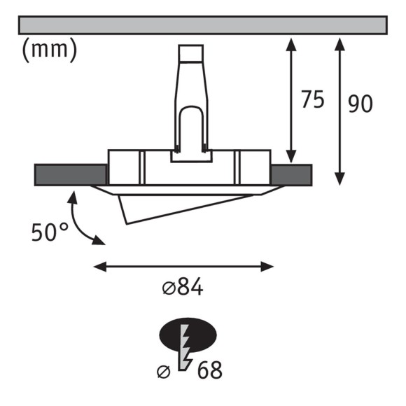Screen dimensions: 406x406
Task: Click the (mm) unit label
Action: (49, 51)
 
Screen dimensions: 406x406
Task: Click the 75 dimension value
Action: (312, 100)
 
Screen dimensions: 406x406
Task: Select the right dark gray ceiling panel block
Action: (290, 174)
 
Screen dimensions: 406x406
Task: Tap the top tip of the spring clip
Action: (192, 49)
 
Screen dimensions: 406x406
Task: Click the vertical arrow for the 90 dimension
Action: (339, 110)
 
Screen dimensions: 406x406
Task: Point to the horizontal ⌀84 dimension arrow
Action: (183, 266)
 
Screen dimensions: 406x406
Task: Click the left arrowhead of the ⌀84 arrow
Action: (99, 266)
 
